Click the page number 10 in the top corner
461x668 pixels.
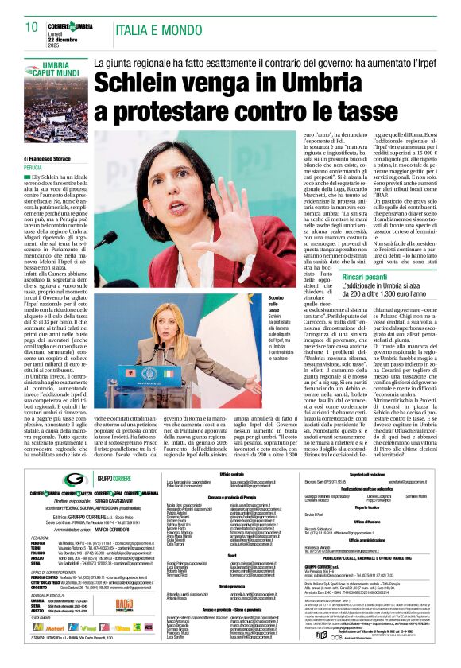click(x=32, y=25)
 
